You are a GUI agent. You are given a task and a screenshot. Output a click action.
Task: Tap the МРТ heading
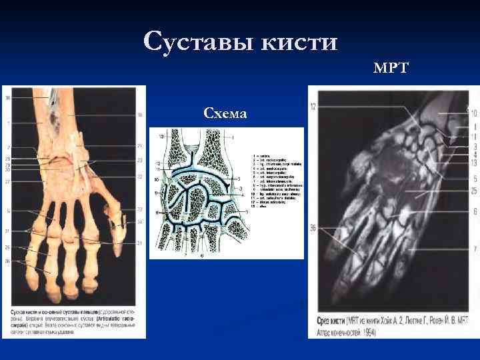coord(391,68)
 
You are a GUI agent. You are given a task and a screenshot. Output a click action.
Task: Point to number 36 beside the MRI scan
coord(313,229)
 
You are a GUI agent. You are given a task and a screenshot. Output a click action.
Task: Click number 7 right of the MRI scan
coord(474,249)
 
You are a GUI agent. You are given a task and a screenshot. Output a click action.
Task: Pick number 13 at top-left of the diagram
coord(162,136)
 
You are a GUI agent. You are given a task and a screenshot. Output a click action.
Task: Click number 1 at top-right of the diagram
coord(233,136)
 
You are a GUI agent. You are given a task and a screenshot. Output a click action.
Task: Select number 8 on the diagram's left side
coord(157,212)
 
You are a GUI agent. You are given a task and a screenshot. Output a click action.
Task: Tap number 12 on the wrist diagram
coord(158,163)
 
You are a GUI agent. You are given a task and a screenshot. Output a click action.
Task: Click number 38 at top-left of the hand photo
coord(8,99)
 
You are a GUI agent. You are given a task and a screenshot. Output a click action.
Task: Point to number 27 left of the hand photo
coord(8,181)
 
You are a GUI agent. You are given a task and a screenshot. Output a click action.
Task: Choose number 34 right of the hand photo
coord(139,221)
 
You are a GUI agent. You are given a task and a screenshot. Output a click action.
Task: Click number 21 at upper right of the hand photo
coord(139,145)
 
